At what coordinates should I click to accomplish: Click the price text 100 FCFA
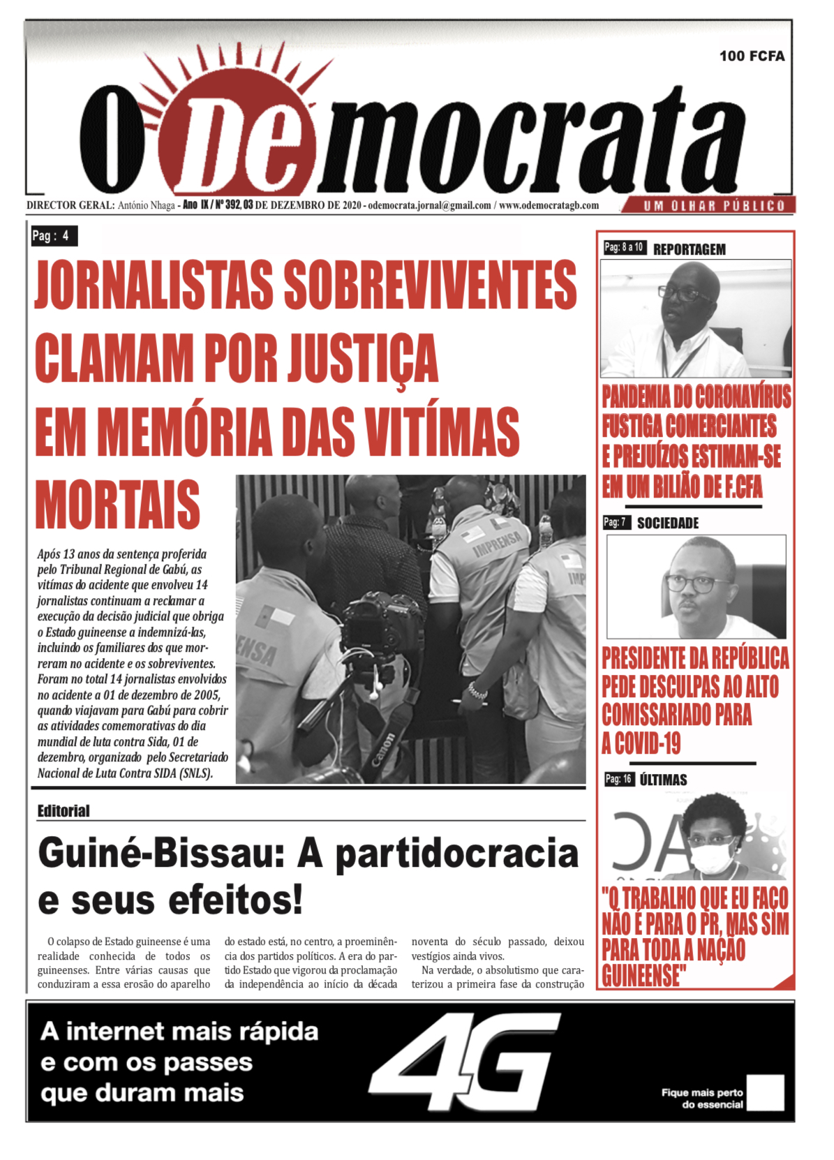(752, 56)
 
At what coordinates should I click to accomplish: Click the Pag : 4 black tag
(53, 236)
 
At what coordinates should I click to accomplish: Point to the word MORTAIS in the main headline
(118, 505)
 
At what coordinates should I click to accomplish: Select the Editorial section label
(64, 811)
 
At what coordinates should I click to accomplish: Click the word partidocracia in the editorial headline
(457, 854)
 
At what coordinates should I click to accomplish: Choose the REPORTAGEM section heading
(689, 249)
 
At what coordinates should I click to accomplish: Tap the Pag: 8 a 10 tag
(624, 248)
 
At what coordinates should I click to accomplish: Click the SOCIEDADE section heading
(667, 523)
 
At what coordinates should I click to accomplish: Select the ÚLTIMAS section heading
(663, 780)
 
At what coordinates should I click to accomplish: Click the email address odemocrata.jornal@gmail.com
(429, 205)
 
